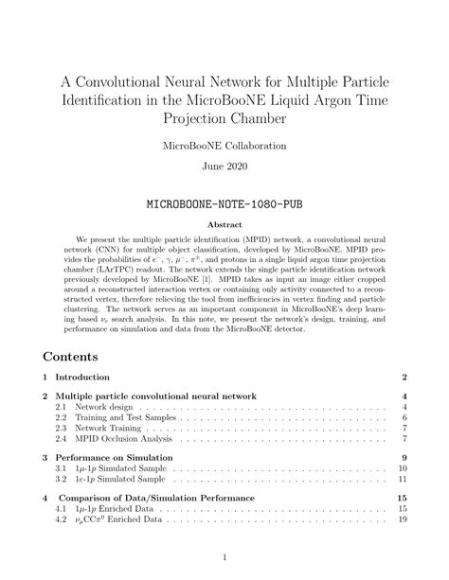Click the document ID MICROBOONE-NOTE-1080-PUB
tap(224, 203)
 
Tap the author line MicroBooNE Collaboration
tap(224, 147)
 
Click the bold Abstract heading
tap(224, 225)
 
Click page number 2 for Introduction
tap(404, 378)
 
